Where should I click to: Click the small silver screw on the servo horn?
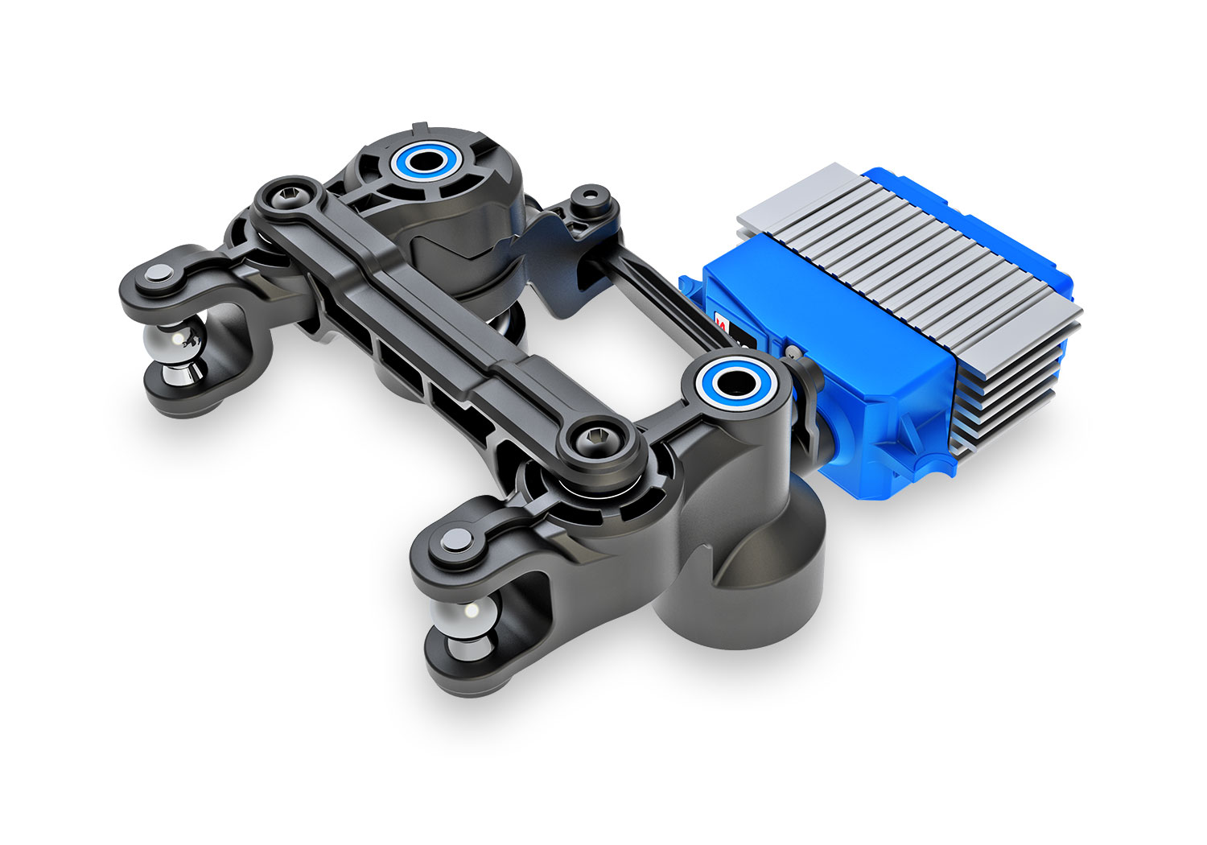coord(793,351)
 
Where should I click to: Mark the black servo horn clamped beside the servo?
coord(805,402)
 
